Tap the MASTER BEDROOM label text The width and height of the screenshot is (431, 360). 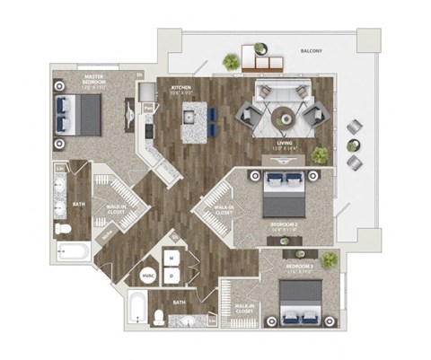click(x=95, y=82)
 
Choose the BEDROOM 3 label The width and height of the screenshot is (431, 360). click(x=300, y=268)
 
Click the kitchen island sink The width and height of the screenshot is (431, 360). click(x=189, y=117)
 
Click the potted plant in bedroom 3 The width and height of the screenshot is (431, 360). click(x=330, y=259)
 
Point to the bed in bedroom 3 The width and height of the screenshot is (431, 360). click(x=301, y=303)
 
